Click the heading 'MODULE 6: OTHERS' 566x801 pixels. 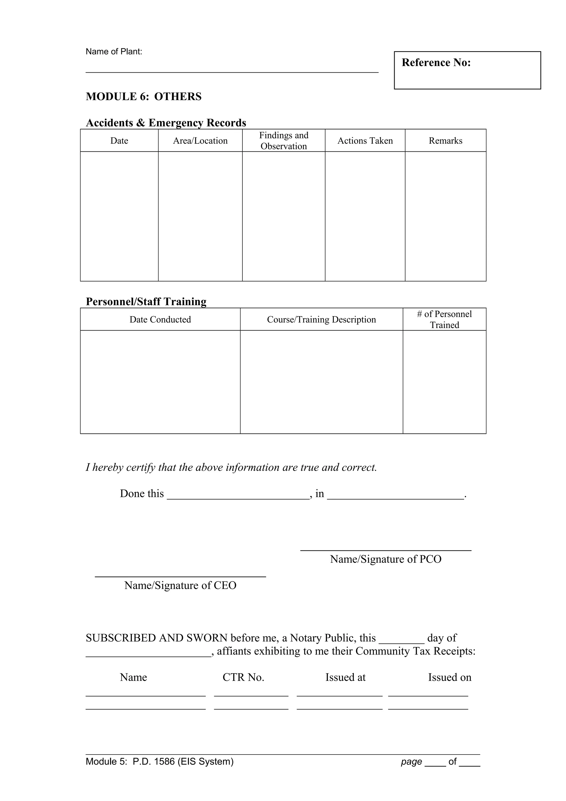coord(144,97)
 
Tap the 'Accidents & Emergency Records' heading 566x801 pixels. coord(166,123)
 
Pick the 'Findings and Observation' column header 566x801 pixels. coord(284,141)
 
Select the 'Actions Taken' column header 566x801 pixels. coord(365,141)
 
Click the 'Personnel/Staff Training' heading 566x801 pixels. coord(146,302)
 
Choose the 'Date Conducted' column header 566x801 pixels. coord(160,320)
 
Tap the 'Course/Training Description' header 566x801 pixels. coord(321,320)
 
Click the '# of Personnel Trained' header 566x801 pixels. coord(444,320)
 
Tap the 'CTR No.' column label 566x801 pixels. coord(243,677)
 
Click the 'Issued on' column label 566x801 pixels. coord(450,677)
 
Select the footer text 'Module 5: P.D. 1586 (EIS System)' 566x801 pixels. coord(160,761)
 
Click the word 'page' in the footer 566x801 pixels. coord(411,761)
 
